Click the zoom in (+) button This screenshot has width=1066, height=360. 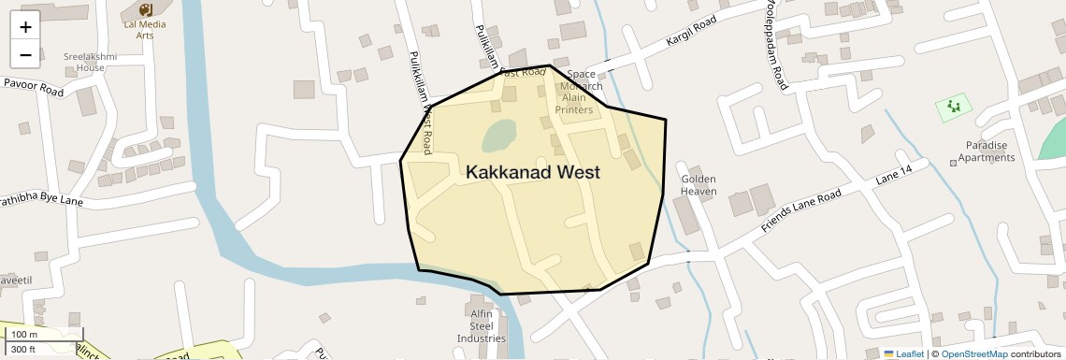(x=25, y=27)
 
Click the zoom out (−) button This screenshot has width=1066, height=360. (x=25, y=55)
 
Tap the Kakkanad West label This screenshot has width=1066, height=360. (x=532, y=172)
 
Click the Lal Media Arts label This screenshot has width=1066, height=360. (x=145, y=29)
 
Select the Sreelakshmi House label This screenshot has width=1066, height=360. (x=91, y=62)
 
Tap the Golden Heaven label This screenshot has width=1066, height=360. (x=699, y=185)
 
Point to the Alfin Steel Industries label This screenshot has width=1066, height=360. (x=481, y=325)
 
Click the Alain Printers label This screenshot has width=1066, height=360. (x=574, y=104)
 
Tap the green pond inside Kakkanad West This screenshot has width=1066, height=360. (x=498, y=137)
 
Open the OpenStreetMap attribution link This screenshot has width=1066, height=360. (x=973, y=353)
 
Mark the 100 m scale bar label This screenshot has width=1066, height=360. (x=25, y=334)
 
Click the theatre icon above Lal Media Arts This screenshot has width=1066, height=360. (x=145, y=8)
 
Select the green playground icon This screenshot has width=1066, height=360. (x=954, y=107)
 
